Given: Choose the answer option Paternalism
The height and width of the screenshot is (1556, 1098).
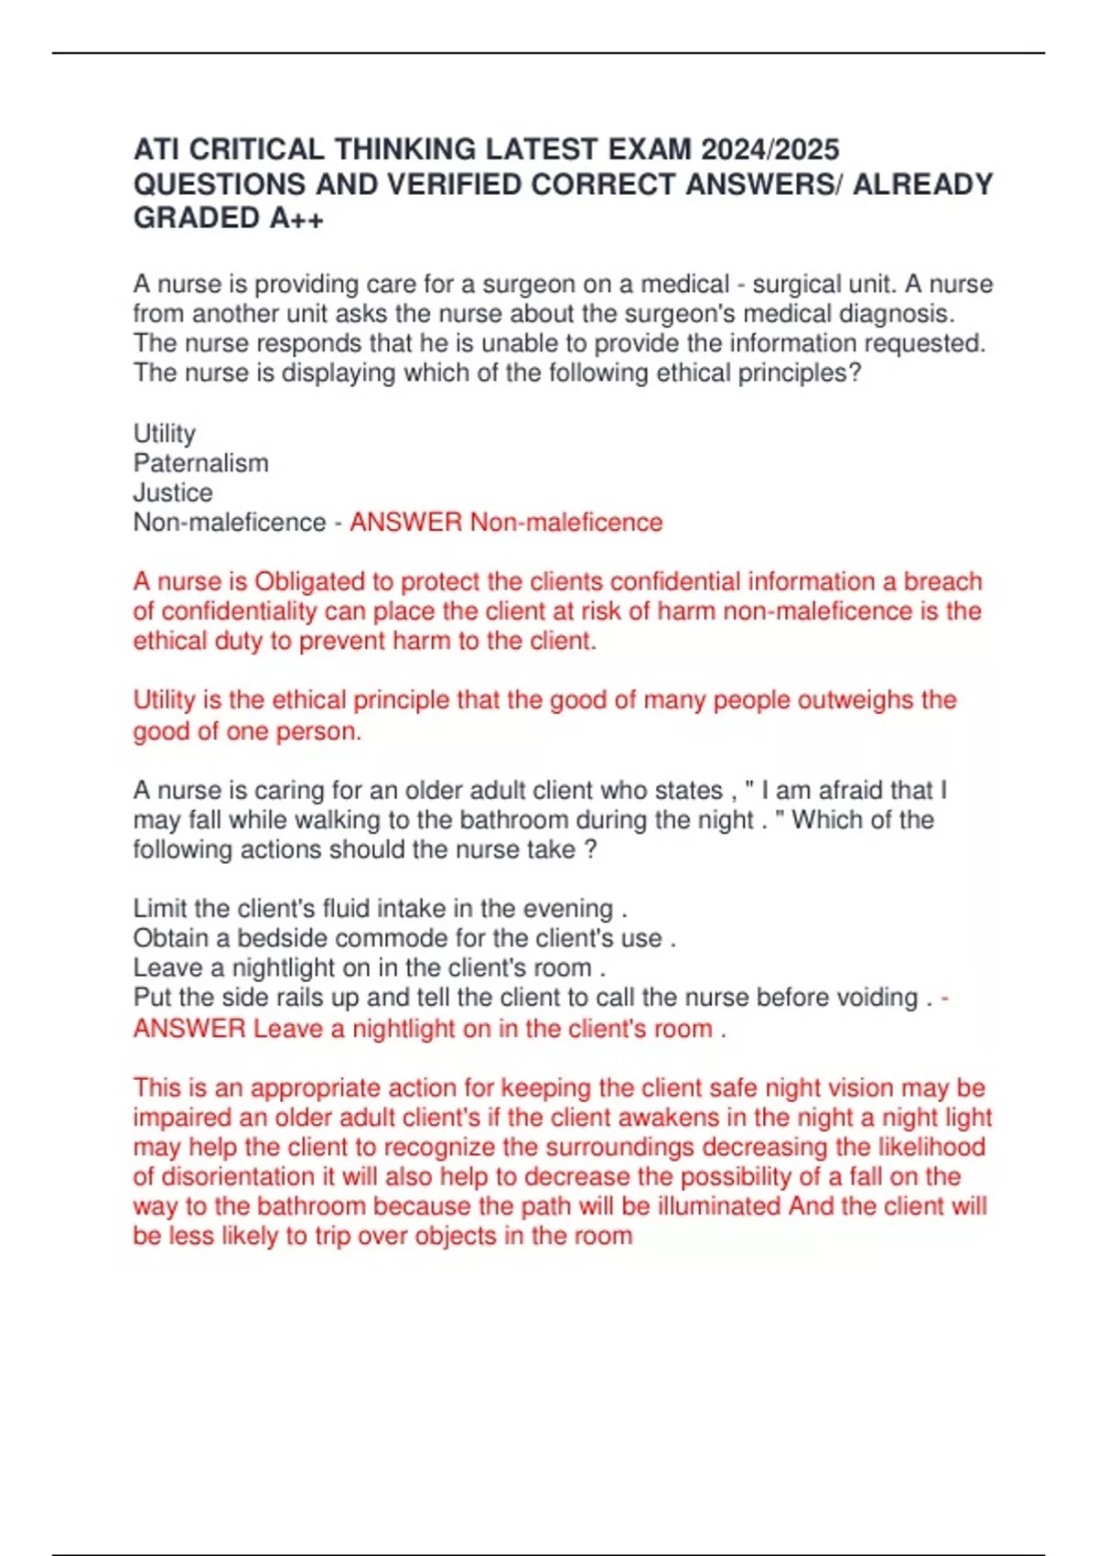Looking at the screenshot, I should pos(201,463).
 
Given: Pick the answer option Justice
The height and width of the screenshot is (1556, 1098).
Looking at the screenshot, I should pos(173,492).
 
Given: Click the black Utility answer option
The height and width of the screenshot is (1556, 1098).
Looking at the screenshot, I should pos(165,433).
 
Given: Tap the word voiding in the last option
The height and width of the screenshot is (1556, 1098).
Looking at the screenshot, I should pos(874,998).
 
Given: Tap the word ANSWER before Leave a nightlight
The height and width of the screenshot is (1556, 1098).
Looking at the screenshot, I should pos(189,1029).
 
